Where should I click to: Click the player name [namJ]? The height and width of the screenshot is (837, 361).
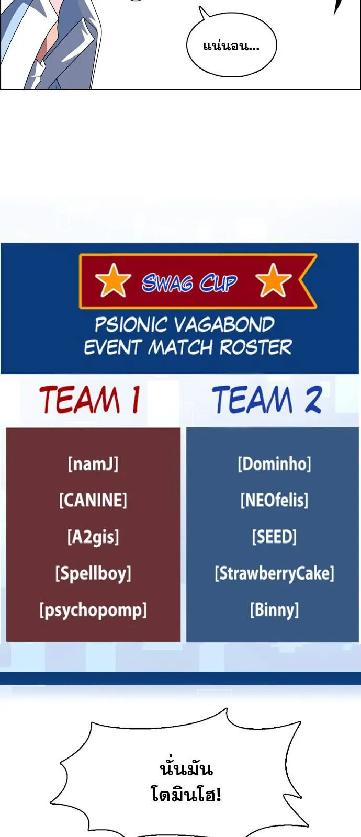click(93, 464)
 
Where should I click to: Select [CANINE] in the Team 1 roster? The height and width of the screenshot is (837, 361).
click(93, 500)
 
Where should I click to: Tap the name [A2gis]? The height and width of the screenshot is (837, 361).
click(93, 537)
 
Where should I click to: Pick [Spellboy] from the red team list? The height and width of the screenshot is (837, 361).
click(93, 573)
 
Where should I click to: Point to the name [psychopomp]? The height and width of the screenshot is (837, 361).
click(93, 610)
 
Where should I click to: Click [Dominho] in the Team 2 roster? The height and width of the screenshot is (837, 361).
click(274, 464)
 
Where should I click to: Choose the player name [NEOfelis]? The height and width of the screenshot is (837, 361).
click(274, 500)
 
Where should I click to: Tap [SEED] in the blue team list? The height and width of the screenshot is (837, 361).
click(274, 537)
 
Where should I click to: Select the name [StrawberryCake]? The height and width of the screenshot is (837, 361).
click(274, 573)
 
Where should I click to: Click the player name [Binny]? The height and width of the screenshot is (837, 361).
click(274, 610)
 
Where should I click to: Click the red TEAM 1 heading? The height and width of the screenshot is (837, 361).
click(90, 400)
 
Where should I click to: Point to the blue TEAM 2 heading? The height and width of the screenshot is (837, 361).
click(267, 400)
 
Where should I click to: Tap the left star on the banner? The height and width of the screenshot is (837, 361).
click(113, 280)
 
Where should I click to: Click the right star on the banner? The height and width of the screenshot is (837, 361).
click(273, 280)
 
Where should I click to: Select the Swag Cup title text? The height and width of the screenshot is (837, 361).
click(189, 283)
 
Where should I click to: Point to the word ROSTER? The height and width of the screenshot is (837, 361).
click(255, 347)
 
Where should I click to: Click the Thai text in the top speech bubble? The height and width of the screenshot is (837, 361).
click(231, 46)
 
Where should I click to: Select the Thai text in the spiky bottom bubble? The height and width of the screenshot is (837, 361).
click(186, 782)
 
